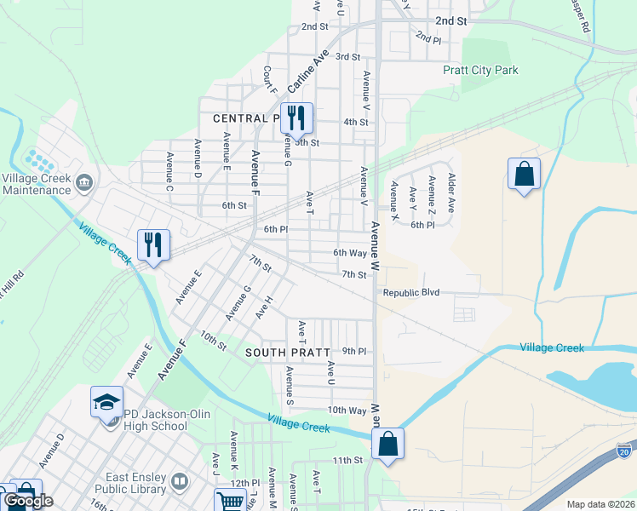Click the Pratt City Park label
[x=480, y=70]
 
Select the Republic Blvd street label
[x=411, y=292]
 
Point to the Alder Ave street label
[x=451, y=193]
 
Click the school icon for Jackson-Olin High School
[x=107, y=402]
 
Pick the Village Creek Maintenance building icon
[x=84, y=181]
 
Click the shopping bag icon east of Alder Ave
[x=524, y=174]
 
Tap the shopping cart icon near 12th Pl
[x=231, y=502]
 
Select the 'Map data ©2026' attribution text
[x=600, y=504]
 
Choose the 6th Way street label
[x=350, y=253]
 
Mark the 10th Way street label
[x=347, y=410]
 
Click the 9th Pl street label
[x=353, y=351]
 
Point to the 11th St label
[x=347, y=460]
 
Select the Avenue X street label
[x=394, y=201]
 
